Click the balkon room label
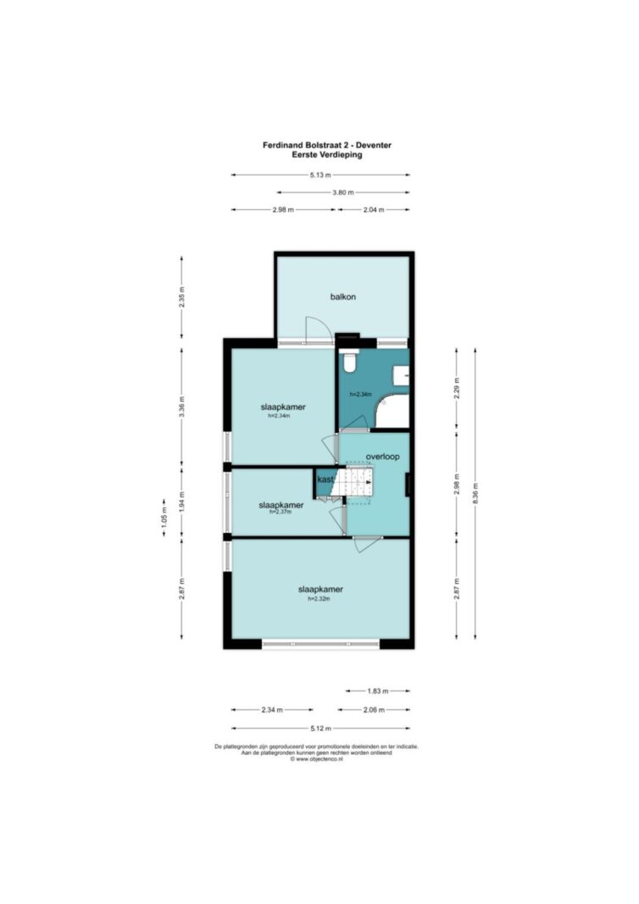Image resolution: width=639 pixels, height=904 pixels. [x=342, y=297]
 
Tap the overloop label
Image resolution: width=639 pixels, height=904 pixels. [x=382, y=457]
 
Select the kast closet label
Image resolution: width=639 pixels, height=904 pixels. [x=325, y=479]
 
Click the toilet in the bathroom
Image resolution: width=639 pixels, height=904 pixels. [x=349, y=360]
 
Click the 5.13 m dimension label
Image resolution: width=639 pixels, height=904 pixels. [x=320, y=175]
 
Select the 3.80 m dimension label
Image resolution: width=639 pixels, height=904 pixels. [x=343, y=192]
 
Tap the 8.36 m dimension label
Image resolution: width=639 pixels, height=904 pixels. [x=475, y=493]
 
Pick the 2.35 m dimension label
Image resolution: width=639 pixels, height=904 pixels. [x=181, y=297]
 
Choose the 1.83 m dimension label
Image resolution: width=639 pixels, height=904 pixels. [x=378, y=690]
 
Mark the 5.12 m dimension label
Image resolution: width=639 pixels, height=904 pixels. [x=320, y=729]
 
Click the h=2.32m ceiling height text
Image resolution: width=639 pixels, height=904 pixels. [x=319, y=598]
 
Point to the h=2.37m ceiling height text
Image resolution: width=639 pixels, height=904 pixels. [x=281, y=512]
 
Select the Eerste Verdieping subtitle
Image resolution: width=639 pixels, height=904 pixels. [x=327, y=154]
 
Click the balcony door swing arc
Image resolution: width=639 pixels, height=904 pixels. [x=320, y=328]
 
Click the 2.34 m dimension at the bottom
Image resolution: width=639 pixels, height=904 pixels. [x=272, y=710]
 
